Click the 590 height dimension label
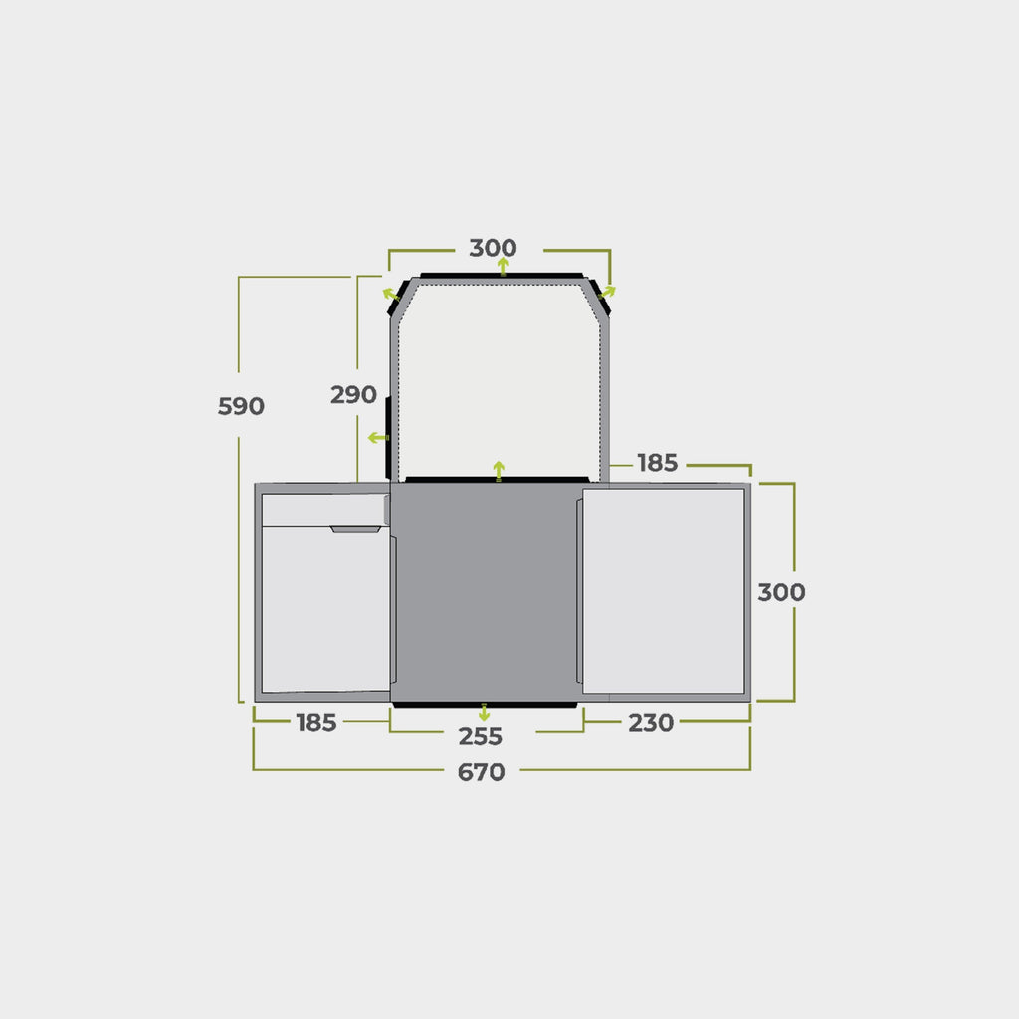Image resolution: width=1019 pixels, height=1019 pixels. (x=241, y=406)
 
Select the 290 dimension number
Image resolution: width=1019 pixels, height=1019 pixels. (x=353, y=395)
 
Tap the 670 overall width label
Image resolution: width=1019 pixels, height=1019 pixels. (x=481, y=772)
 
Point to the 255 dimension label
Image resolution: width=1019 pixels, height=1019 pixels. (x=481, y=737)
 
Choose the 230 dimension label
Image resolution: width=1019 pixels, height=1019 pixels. (x=651, y=723)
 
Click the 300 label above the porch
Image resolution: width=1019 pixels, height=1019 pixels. (x=493, y=248)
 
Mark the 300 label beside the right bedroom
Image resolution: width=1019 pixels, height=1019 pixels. (x=781, y=592)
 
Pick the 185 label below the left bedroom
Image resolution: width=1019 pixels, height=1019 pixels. (x=316, y=723)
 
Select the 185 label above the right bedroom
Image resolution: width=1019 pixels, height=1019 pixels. (x=658, y=463)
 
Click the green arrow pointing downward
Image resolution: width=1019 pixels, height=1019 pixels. (x=484, y=713)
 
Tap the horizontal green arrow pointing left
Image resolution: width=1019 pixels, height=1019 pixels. (x=377, y=438)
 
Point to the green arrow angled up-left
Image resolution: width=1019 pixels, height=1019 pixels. (x=391, y=293)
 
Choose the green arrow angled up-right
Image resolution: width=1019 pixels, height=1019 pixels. (x=608, y=292)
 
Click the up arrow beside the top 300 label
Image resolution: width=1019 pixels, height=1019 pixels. (x=504, y=266)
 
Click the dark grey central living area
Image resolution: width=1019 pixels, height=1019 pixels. (x=485, y=592)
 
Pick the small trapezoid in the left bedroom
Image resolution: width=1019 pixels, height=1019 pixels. (x=356, y=529)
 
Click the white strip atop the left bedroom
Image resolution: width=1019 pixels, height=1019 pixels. (x=322, y=509)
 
